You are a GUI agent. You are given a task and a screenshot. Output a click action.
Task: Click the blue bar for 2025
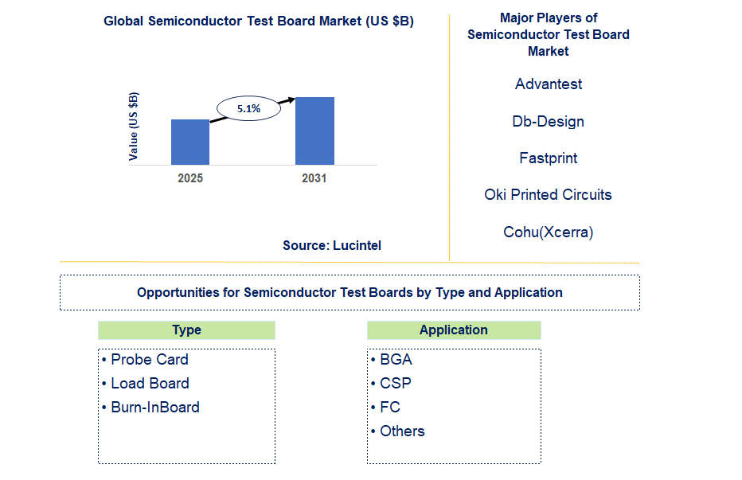[x=190, y=142]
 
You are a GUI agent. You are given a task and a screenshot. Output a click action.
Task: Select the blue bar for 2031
[x=314, y=131]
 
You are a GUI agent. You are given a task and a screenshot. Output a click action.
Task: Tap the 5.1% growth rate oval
[x=249, y=108]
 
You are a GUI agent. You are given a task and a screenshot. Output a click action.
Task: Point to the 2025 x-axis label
[x=190, y=178]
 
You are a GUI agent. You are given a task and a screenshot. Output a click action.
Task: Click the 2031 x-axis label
[x=314, y=178]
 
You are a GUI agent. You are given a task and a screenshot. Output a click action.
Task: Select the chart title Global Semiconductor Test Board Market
[x=259, y=21]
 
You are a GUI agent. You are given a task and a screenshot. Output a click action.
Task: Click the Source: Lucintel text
[x=332, y=246]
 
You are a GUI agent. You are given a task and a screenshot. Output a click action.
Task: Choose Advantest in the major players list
[x=549, y=84]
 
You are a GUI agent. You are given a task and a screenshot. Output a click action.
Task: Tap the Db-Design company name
[x=549, y=122]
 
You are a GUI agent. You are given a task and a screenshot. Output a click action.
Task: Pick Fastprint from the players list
[x=549, y=158]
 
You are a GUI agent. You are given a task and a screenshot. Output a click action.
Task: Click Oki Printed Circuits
[x=549, y=195]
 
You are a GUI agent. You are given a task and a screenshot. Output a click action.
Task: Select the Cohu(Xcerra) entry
[x=549, y=232]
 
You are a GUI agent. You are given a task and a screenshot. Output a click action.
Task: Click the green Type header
[x=186, y=330]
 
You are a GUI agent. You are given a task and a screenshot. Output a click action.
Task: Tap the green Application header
[x=454, y=330]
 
